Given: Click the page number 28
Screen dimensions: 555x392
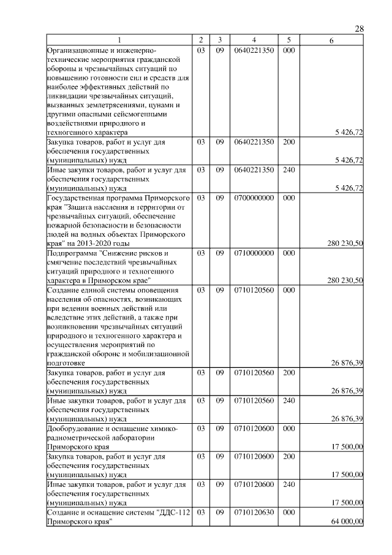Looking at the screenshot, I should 360,29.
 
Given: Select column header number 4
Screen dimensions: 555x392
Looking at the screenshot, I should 253,40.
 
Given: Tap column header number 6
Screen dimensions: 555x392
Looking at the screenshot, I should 331,40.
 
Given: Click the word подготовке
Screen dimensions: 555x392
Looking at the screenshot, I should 66,362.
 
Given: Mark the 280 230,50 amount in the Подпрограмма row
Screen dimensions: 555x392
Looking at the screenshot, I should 345,280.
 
